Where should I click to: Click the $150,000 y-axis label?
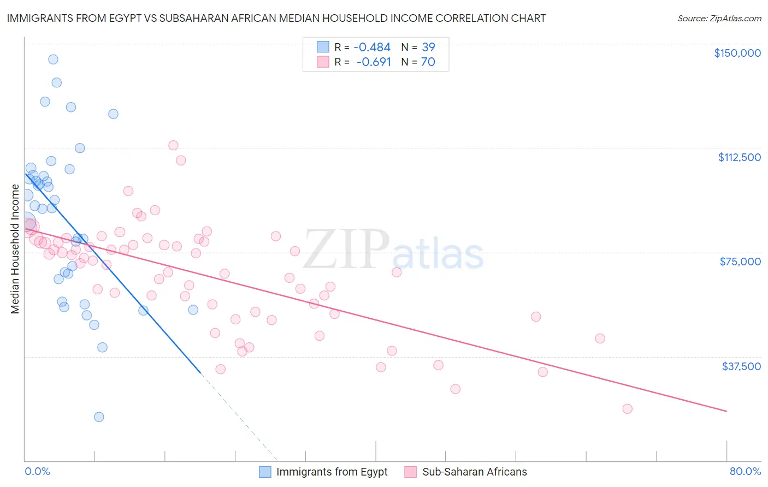point(737,53)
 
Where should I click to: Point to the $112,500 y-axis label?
point(739,157)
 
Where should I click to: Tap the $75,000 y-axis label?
point(740,262)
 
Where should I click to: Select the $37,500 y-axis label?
point(741,366)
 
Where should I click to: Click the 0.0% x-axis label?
point(37,472)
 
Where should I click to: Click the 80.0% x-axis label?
point(745,472)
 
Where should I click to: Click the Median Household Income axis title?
point(15,249)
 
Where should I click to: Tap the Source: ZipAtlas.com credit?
point(719,18)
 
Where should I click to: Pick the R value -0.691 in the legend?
point(374,62)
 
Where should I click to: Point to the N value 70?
point(428,62)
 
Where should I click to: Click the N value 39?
point(428,47)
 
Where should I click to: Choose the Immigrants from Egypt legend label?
point(332,472)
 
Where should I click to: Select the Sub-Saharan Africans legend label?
point(474,472)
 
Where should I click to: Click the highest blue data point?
point(53,60)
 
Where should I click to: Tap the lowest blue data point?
point(99,417)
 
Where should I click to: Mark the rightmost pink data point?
point(627,409)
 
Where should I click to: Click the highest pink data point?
point(173,145)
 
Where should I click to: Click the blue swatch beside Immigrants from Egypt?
point(265,472)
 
